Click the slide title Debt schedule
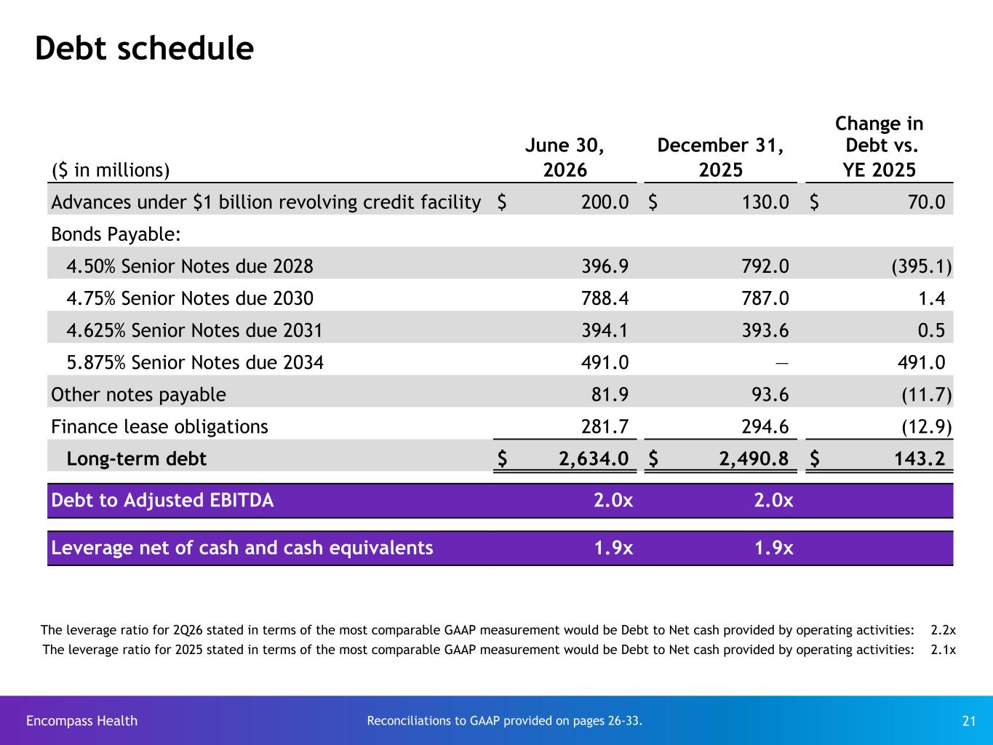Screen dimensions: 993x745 tap(144, 48)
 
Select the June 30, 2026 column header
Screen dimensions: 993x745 tap(565, 157)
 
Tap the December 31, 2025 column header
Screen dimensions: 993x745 tap(720, 157)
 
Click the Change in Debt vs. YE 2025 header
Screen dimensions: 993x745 tap(879, 146)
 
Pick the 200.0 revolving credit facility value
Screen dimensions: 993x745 tap(605, 202)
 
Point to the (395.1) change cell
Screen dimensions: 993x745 tap(922, 266)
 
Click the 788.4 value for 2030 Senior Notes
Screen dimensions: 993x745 tap(605, 298)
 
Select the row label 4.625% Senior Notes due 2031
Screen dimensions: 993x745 tap(194, 330)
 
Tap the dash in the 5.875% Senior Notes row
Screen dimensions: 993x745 tap(782, 363)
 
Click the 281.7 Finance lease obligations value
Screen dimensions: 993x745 tap(605, 426)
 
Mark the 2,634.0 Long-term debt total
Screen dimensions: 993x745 tap(594, 458)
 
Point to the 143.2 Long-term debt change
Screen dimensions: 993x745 tap(920, 458)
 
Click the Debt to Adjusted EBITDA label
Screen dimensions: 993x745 tap(162, 501)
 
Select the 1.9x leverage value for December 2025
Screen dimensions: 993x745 tap(773, 548)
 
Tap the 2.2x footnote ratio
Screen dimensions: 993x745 tap(944, 630)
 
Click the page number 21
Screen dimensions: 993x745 tap(968, 721)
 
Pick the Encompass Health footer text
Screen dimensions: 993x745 tap(82, 720)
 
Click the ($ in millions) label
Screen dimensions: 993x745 tap(111, 170)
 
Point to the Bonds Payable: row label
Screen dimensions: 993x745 tap(116, 234)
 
